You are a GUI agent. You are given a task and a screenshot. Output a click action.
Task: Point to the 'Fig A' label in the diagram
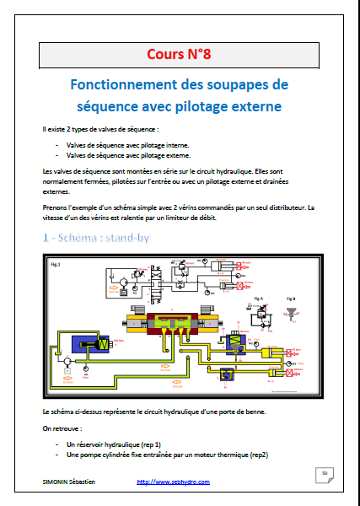click(x=259, y=299)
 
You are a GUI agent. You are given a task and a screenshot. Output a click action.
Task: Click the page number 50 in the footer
click(x=324, y=476)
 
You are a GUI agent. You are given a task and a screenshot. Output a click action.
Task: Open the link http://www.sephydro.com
click(x=173, y=482)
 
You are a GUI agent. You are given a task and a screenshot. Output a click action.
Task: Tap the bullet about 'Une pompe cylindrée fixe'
click(x=165, y=455)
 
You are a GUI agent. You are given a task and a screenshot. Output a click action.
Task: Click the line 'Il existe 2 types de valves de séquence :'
click(x=99, y=130)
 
